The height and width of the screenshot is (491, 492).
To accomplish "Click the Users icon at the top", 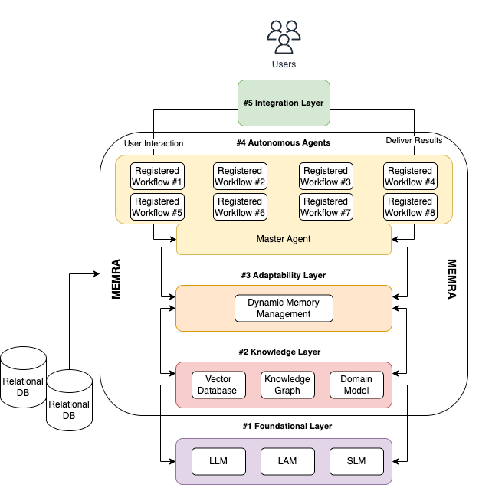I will (284, 34).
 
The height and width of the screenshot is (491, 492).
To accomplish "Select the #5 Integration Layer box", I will (284, 103).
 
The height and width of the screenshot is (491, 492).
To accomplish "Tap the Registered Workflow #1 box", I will (156, 176).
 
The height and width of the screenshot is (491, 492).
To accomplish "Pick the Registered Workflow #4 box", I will (410, 176).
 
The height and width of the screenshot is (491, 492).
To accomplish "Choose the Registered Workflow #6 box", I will (240, 207).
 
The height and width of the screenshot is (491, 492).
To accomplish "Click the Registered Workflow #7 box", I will (326, 207).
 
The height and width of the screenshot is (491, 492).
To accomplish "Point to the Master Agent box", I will (284, 239).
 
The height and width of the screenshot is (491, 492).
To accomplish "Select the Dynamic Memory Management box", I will (284, 308).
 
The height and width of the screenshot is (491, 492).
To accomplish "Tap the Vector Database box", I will (218, 385).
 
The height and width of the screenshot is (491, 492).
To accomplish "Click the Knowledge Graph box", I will (287, 385).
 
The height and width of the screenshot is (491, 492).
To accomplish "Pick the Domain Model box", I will (356, 385).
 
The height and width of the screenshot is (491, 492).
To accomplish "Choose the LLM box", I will (218, 462).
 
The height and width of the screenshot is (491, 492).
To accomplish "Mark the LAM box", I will (287, 462).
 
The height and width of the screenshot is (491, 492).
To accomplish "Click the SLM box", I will (356, 462).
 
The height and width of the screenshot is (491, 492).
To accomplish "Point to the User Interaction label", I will (153, 142).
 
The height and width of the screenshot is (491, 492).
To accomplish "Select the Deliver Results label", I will (413, 140).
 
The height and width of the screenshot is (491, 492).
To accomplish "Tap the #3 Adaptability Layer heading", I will (284, 275).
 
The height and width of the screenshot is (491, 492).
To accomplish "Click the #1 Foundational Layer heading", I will (284, 426).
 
